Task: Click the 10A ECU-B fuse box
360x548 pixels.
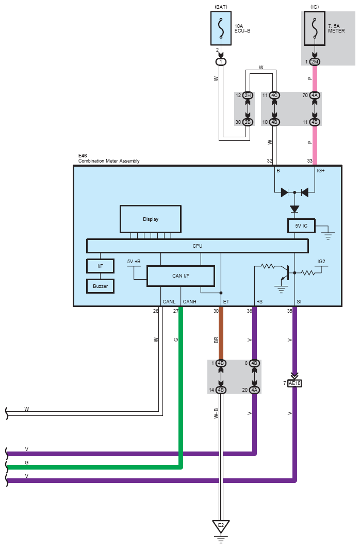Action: click(221, 28)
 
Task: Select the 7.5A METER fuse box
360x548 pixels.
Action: click(315, 28)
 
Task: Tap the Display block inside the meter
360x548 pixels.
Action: click(151, 219)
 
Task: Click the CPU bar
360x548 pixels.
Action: click(198, 246)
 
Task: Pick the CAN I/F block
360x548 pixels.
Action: click(181, 276)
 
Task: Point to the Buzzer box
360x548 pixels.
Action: click(100, 286)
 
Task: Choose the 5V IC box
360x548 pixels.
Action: click(301, 226)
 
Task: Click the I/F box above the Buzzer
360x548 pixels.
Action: click(100, 266)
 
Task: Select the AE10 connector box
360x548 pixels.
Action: click(294, 383)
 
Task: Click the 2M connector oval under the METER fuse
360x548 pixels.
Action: click(315, 62)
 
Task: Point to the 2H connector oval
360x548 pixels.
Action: click(248, 95)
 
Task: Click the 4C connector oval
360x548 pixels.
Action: click(274, 95)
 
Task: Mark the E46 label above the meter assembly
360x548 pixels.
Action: click(83, 155)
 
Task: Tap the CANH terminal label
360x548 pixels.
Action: click(190, 302)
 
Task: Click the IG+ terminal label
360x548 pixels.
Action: click(320, 171)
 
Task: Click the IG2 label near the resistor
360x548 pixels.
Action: click(321, 262)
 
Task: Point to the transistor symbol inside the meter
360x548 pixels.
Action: click(285, 273)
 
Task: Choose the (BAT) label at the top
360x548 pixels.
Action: click(221, 7)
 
